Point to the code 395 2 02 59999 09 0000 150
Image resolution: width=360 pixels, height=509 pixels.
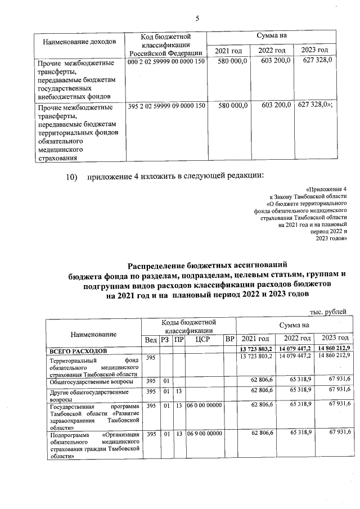click(166, 105)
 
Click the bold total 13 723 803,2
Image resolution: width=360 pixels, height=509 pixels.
click(256, 351)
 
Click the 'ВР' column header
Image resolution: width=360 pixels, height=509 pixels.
click(229, 339)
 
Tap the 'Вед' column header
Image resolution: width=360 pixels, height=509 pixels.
click(151, 339)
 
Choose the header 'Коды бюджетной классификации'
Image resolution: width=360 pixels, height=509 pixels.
click(188, 327)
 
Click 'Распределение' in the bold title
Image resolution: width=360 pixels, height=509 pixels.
click(159, 264)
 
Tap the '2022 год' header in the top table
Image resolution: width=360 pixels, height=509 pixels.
click(272, 52)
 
